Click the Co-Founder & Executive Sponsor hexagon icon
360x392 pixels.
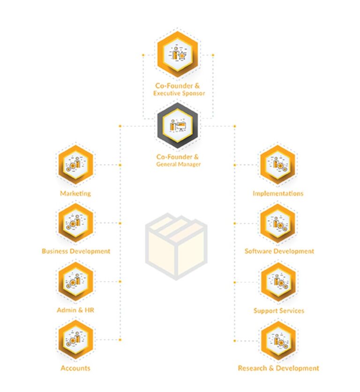pos(177,54)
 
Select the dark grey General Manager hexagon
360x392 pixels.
pos(177,125)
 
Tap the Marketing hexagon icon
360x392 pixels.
pos(75,165)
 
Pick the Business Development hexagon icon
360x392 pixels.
pos(75,223)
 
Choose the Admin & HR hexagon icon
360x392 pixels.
pos(75,281)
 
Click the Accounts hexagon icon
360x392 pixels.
pos(75,340)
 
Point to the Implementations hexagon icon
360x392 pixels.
pos(277,165)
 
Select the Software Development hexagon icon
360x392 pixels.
pos(277,223)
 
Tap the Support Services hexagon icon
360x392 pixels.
pos(278,282)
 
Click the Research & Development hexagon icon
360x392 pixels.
pos(278,341)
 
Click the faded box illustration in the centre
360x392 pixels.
pos(176,246)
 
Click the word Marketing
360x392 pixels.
pos(75,193)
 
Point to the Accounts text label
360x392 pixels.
pos(75,368)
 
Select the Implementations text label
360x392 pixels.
pos(278,193)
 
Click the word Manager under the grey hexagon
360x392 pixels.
pos(189,164)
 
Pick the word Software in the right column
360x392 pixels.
pos(256,251)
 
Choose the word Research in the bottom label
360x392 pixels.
pos(252,368)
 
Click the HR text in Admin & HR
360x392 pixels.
pos(90,310)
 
